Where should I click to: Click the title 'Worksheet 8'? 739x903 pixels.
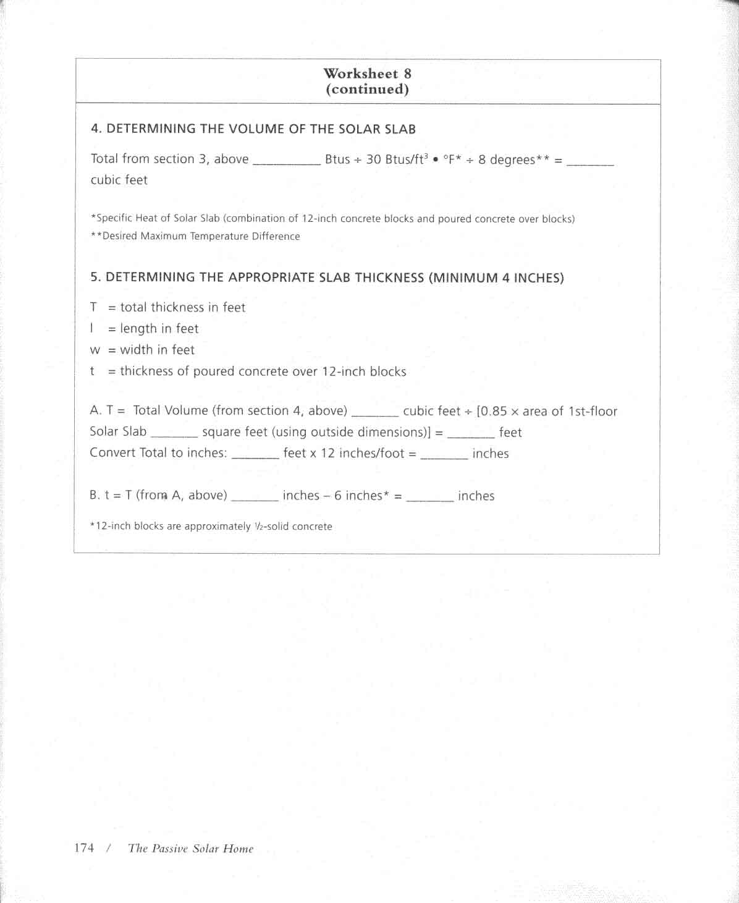click(x=367, y=74)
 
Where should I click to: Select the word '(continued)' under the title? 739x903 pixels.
click(x=367, y=89)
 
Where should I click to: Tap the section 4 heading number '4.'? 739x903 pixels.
click(x=96, y=129)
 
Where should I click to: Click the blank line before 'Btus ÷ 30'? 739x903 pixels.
click(x=287, y=162)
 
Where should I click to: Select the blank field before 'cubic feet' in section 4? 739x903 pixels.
click(x=589, y=163)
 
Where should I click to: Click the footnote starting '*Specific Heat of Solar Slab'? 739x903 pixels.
click(x=332, y=218)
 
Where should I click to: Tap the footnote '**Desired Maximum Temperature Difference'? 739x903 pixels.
click(x=195, y=236)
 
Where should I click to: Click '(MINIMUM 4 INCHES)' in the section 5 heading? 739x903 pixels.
click(x=496, y=278)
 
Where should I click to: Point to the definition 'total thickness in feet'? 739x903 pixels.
click(x=182, y=307)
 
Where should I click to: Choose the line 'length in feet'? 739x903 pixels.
click(x=159, y=328)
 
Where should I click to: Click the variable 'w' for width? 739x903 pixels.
click(x=95, y=350)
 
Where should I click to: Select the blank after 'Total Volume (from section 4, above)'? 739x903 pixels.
click(x=374, y=414)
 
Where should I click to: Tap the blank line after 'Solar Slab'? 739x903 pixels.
click(x=174, y=435)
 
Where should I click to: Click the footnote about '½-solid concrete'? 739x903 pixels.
click(x=211, y=527)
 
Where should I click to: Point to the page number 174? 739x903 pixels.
click(x=84, y=847)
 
